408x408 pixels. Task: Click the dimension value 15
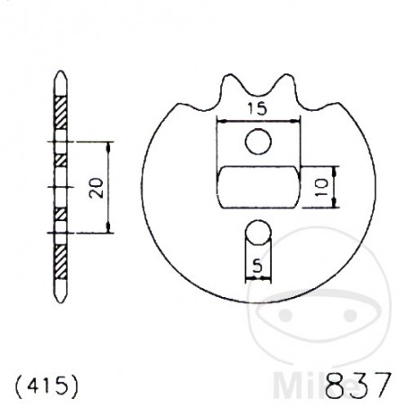click(x=258, y=109)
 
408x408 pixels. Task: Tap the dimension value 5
click(x=258, y=267)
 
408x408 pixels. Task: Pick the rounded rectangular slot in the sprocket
click(x=259, y=187)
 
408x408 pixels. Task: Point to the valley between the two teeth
click(x=258, y=89)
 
